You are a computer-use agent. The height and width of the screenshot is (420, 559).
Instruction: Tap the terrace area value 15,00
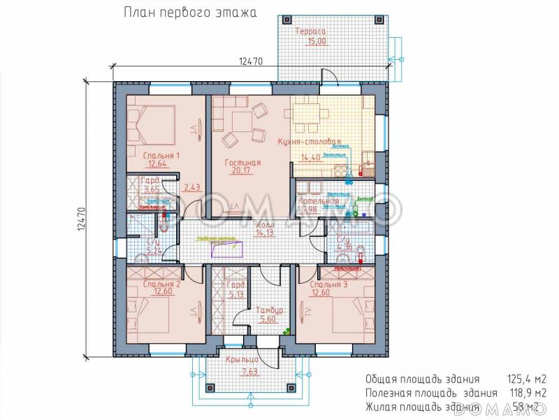tap(317, 41)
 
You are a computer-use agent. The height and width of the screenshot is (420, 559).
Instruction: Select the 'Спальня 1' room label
tap(161, 155)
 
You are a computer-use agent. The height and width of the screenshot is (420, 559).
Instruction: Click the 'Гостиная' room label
tap(242, 163)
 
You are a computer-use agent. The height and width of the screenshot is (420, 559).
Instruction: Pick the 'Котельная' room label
tap(318, 201)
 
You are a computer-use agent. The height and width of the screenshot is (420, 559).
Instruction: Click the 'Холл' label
tap(265, 226)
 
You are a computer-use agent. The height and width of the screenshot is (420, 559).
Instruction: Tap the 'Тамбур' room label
tap(269, 310)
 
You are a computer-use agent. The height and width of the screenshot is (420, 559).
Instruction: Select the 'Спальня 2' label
tap(161, 284)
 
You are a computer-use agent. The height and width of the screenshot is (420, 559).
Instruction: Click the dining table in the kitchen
tap(312, 116)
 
